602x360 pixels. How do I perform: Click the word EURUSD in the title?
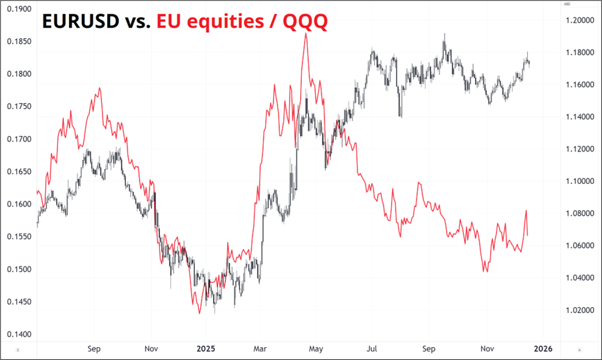[x=80, y=22]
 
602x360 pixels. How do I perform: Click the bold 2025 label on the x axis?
[x=206, y=349]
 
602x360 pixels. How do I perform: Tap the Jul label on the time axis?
[x=374, y=349]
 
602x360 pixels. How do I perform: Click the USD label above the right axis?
[x=567, y=4]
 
